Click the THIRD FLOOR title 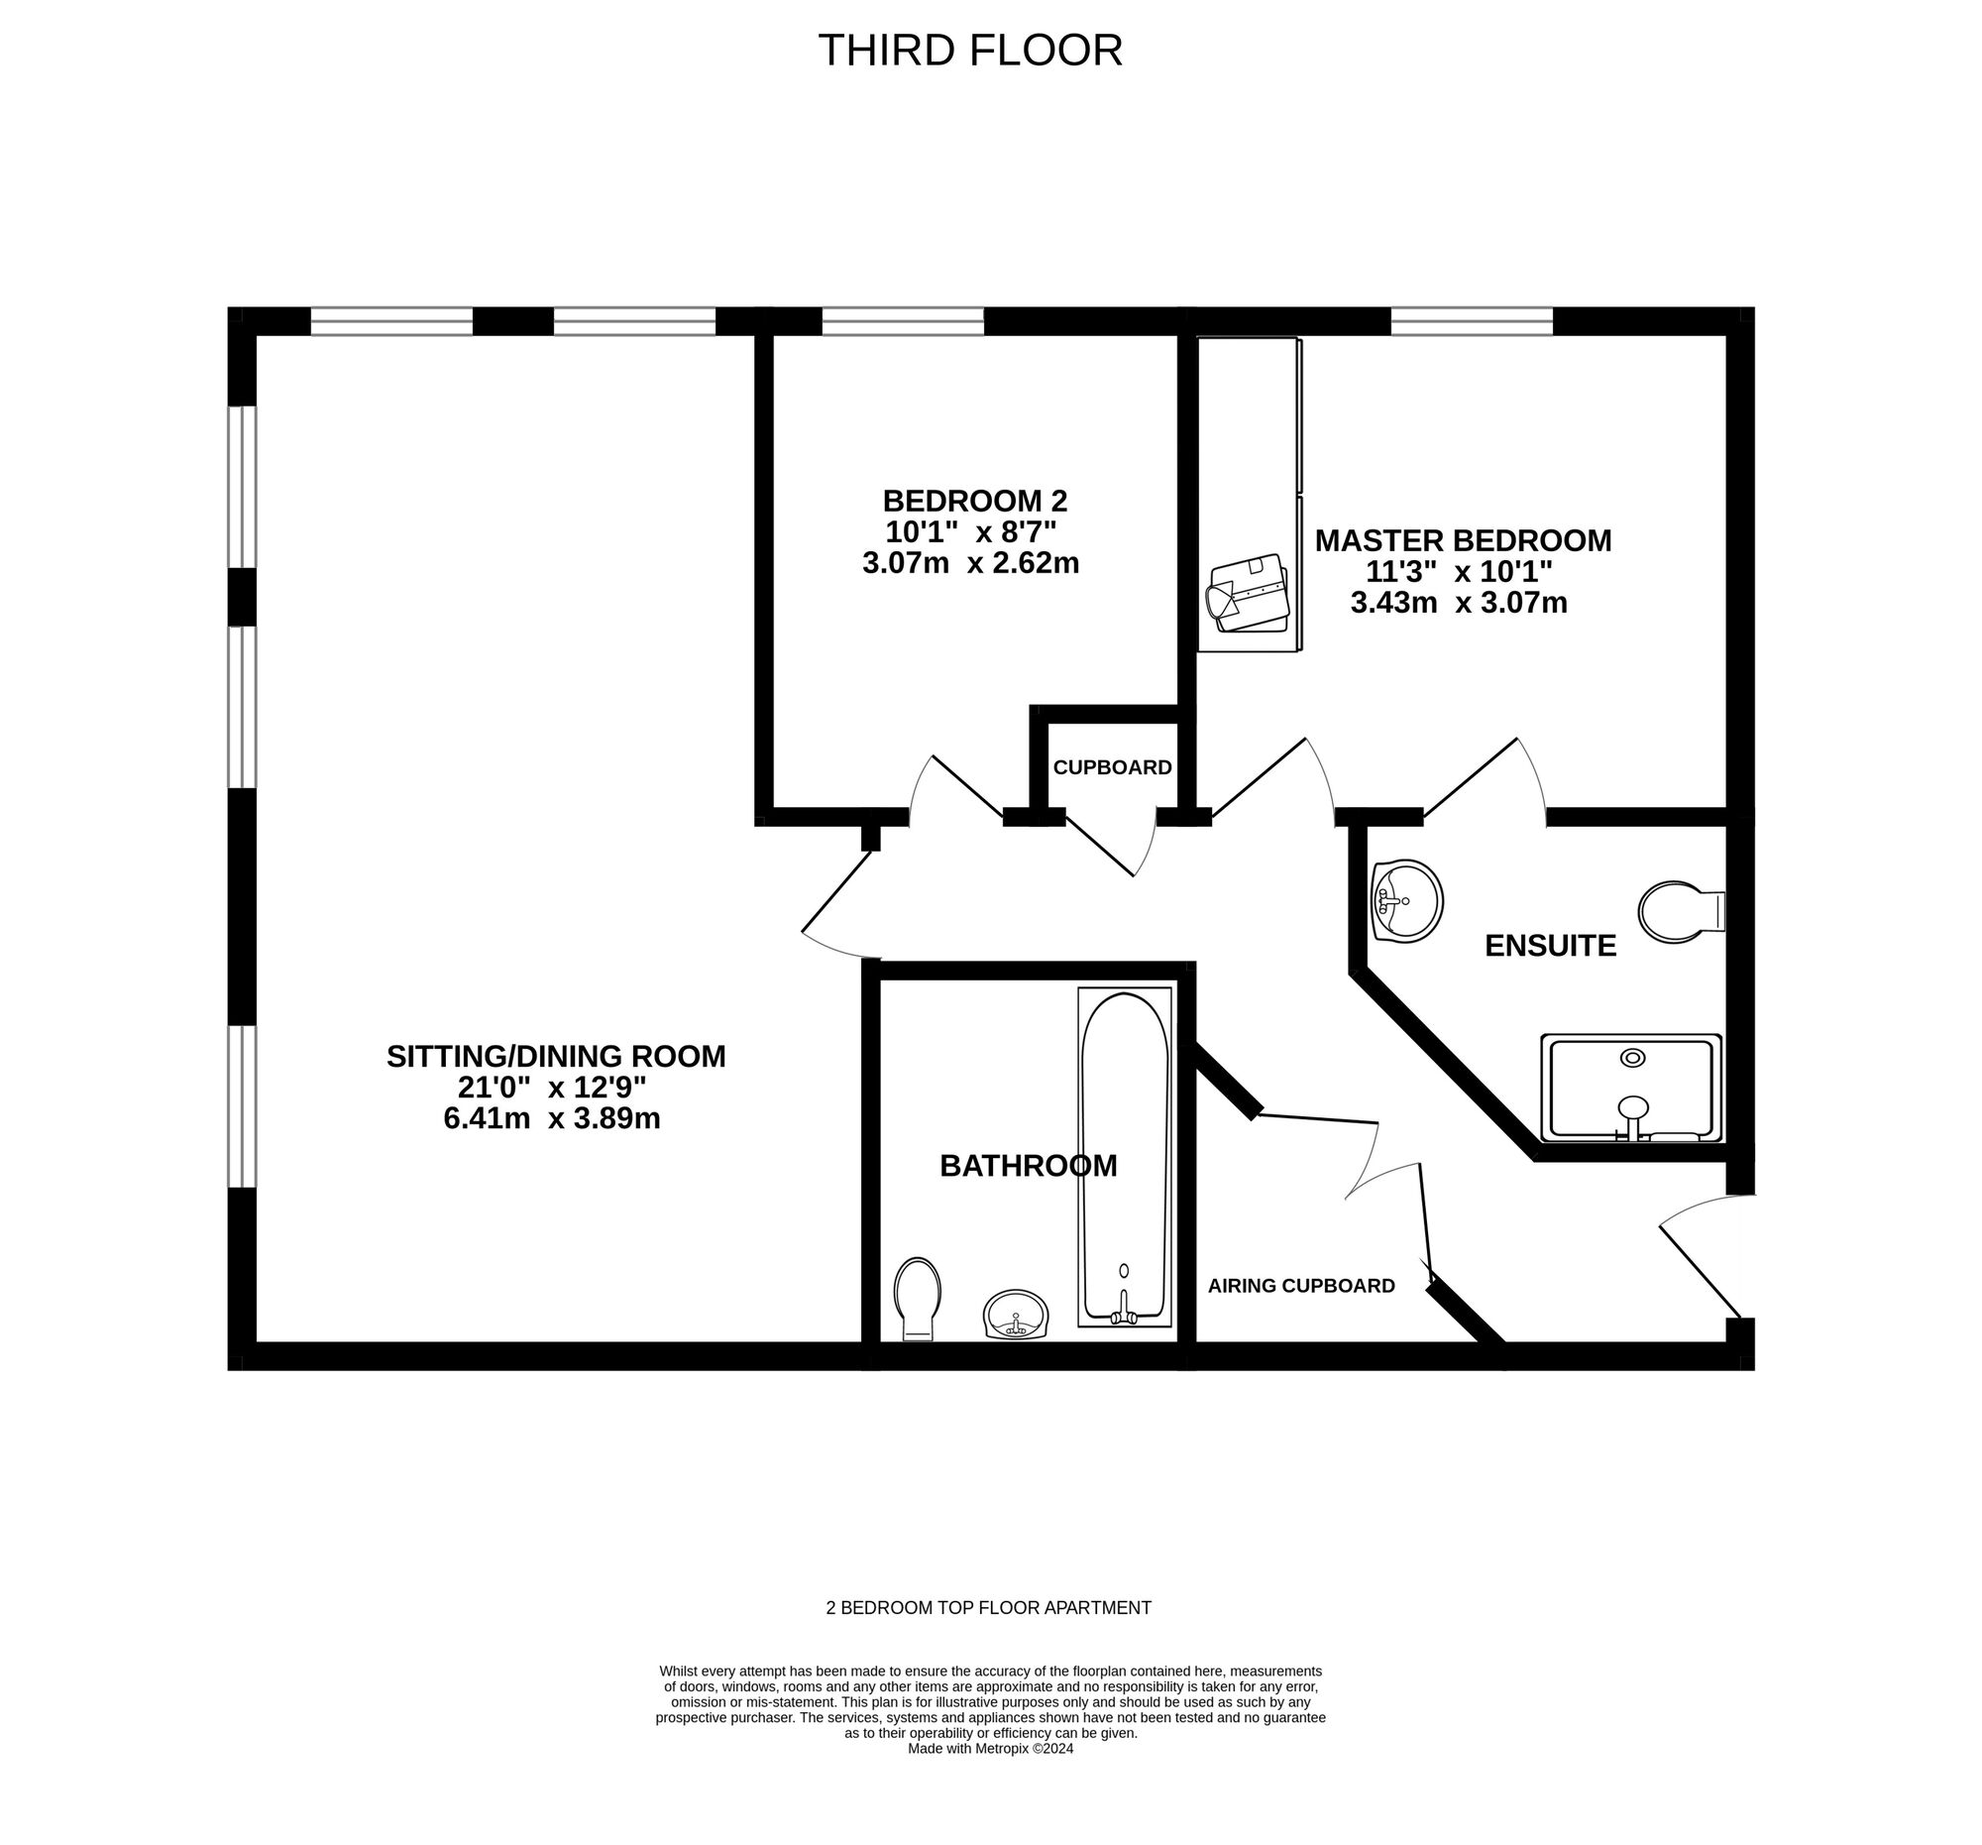[x=970, y=51]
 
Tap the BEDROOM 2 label [x=975, y=500]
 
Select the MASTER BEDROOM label [x=1463, y=540]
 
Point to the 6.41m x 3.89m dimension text [x=552, y=1118]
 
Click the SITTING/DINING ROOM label [x=556, y=1056]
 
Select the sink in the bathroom [x=1016, y=1315]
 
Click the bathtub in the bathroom [x=1125, y=1157]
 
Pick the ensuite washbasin [x=1407, y=900]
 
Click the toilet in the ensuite [x=1682, y=911]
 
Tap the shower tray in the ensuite [x=1631, y=1088]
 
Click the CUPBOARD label [x=1113, y=768]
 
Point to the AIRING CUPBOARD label [x=1301, y=1287]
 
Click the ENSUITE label [x=1550, y=946]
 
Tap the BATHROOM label [x=1028, y=1166]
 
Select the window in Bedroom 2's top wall [x=902, y=321]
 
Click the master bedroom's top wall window [x=1472, y=321]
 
